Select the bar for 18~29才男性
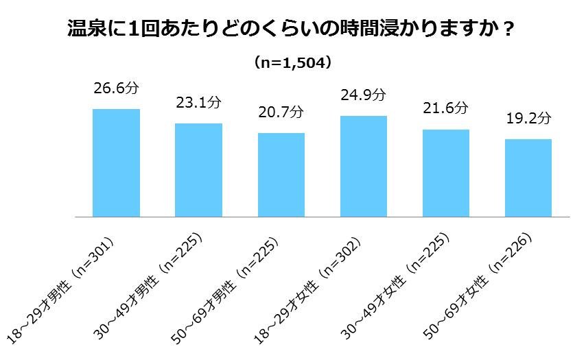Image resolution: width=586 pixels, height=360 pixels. tap(116, 163)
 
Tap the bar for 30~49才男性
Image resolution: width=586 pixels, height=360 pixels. tap(198, 169)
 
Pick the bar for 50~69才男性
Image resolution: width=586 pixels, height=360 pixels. tap(281, 174)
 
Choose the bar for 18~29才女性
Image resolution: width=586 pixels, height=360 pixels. tap(364, 166)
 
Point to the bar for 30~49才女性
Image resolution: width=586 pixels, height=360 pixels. tap(446, 173)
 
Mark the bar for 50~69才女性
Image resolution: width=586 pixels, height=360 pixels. tap(528, 178)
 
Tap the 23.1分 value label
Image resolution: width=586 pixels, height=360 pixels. tap(198, 103)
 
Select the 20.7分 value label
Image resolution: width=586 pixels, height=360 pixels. tap(281, 112)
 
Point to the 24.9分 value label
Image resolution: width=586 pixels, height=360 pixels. tap(364, 95)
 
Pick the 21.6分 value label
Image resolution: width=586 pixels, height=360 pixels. tap(446, 108)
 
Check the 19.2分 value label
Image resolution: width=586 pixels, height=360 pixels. tap(528, 118)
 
